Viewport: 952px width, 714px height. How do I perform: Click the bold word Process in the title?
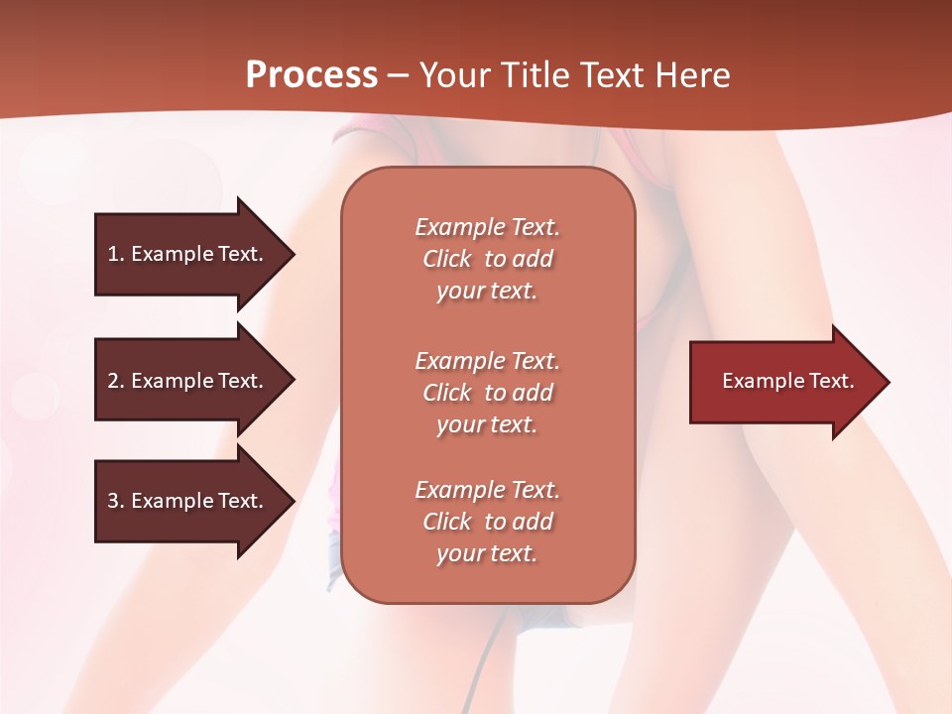pyautogui.click(x=311, y=75)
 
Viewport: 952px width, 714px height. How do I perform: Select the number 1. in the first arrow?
pyautogui.click(x=116, y=254)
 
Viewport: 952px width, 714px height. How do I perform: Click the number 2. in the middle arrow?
pyautogui.click(x=116, y=381)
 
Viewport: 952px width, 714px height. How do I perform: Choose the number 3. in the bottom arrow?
pyautogui.click(x=116, y=501)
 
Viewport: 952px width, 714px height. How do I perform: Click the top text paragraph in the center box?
pyautogui.click(x=487, y=259)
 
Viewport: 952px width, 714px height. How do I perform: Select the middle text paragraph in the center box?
pyautogui.click(x=487, y=393)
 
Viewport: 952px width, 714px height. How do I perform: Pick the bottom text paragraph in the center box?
pyautogui.click(x=487, y=522)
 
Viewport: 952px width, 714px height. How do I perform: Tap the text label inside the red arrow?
pyautogui.click(x=787, y=381)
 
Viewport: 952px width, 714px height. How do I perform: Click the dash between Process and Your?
pyautogui.click(x=398, y=75)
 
